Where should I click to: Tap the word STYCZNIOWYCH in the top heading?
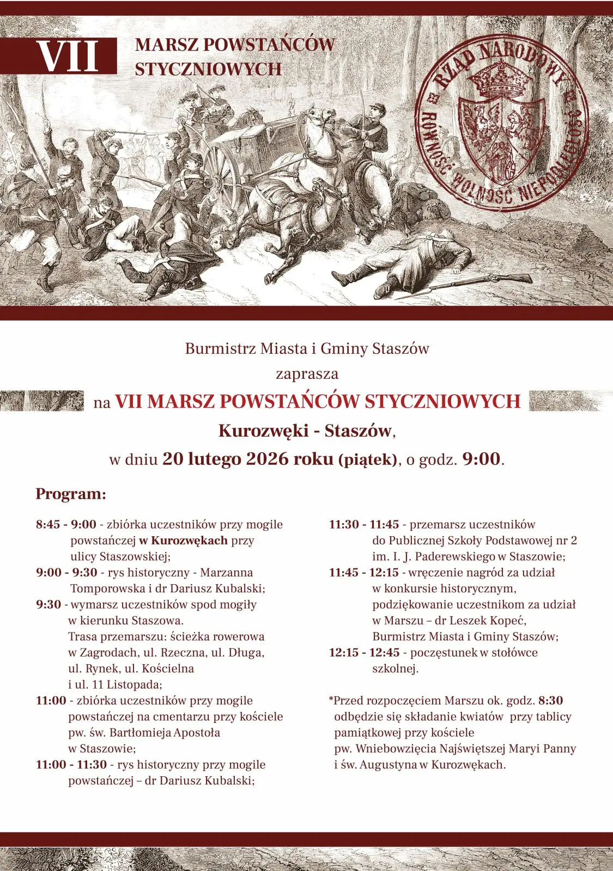coord(208,69)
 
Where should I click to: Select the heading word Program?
coord(71,494)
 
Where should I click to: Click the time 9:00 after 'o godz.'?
coord(481,459)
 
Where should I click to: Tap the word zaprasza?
coord(307,374)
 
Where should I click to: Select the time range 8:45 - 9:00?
coord(66,525)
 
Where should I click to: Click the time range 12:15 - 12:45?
coord(364,653)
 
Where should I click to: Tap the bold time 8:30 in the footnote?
coord(550,701)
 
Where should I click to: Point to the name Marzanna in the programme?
coord(227,573)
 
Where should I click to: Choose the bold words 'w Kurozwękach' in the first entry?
coord(183,541)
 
